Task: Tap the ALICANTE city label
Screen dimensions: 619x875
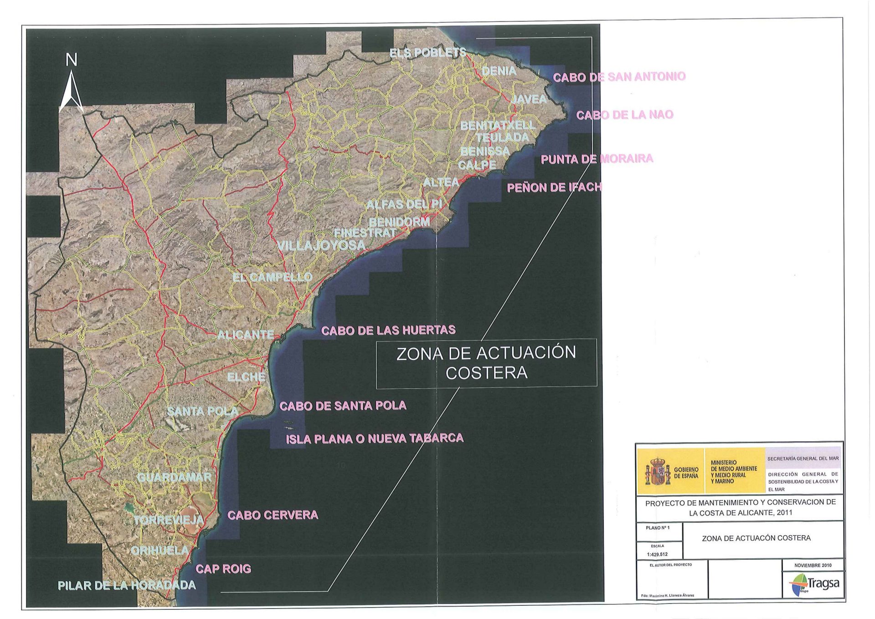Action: (x=245, y=335)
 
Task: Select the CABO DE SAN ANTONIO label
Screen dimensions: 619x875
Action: (x=619, y=77)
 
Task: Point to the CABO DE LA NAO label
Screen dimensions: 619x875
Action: (x=624, y=115)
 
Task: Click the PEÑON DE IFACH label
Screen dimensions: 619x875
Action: (x=554, y=187)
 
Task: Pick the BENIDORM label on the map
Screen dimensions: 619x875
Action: (x=399, y=222)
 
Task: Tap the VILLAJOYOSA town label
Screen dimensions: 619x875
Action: (x=321, y=246)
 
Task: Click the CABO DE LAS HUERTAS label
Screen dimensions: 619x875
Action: (x=388, y=330)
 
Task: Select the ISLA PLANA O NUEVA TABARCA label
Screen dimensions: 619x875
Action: (x=374, y=438)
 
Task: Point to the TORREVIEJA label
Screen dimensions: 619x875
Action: (x=169, y=520)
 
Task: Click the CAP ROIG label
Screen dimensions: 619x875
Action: (x=223, y=569)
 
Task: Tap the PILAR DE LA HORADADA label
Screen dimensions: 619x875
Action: (x=127, y=586)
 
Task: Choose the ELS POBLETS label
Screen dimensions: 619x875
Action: (x=427, y=53)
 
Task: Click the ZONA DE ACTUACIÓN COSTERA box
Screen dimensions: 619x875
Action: (x=486, y=363)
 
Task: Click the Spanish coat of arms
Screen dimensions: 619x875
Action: (x=657, y=472)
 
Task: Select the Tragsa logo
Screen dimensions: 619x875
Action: (x=815, y=584)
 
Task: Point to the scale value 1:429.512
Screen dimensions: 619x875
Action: (x=657, y=554)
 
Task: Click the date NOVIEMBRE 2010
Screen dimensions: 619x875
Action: (x=813, y=565)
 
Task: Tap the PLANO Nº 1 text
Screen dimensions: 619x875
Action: (x=658, y=528)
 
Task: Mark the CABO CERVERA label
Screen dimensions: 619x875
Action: (x=273, y=515)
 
